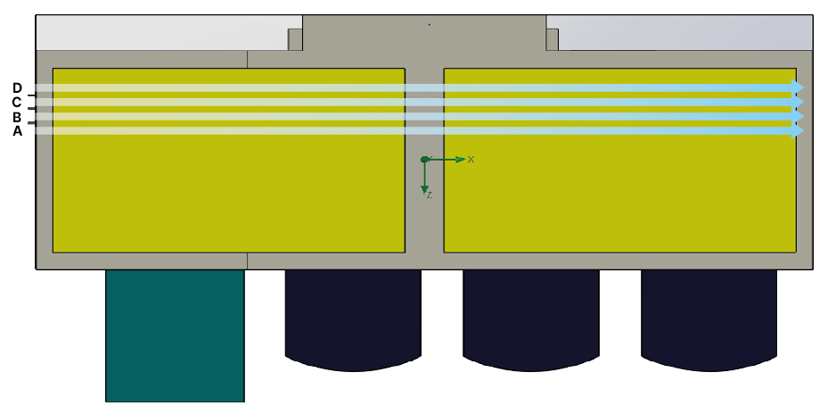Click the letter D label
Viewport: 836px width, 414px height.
[x=17, y=87]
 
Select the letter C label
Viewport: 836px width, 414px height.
[x=17, y=102]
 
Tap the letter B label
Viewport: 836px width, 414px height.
[x=17, y=117]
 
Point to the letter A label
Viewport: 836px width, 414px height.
[x=17, y=131]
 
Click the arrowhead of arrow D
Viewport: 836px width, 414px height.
[x=799, y=87]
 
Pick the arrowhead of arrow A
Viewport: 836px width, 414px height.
[x=799, y=130]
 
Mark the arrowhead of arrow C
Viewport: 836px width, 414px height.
[x=799, y=102]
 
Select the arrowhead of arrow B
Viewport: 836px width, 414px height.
[x=799, y=116]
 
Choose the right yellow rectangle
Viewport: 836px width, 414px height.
[x=619, y=192]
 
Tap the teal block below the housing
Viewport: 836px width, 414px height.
[x=175, y=335]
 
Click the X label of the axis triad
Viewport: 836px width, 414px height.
[x=471, y=160]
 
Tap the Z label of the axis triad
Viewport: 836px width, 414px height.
[x=429, y=195]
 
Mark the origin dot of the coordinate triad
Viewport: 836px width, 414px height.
[x=424, y=160]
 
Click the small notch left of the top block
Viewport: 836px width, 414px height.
[x=295, y=39]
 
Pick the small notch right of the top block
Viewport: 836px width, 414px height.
[x=553, y=39]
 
